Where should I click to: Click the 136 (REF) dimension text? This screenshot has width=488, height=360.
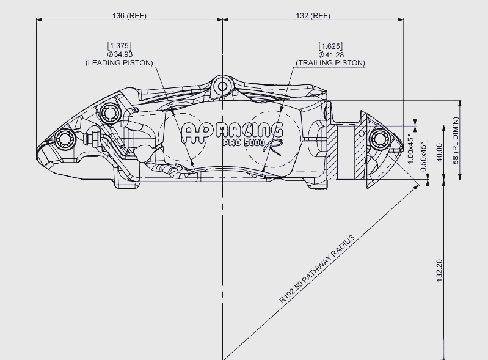[129, 15]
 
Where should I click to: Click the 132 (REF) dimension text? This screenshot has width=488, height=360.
[313, 15]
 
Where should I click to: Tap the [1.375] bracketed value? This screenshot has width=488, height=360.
[119, 46]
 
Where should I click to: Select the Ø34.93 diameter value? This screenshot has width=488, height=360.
[120, 54]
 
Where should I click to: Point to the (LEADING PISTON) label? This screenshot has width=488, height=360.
[119, 62]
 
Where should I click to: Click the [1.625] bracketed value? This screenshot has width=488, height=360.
[330, 46]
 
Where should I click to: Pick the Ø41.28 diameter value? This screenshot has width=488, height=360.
[332, 55]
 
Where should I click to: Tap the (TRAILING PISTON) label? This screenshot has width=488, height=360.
[330, 63]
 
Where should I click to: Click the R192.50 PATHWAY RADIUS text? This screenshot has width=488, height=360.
[316, 269]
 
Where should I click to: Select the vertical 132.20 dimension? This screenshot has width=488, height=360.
[439, 270]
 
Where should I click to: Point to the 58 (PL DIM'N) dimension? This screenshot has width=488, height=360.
[456, 141]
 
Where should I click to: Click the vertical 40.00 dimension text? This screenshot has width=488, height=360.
[439, 152]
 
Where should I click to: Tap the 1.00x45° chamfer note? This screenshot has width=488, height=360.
[411, 151]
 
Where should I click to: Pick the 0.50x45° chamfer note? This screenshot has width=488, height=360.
[424, 156]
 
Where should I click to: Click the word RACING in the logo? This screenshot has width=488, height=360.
[250, 130]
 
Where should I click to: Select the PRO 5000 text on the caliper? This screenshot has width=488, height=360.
[244, 142]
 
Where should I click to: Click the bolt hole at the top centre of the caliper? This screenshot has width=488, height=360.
[222, 86]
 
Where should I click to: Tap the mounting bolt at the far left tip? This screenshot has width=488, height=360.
[65, 139]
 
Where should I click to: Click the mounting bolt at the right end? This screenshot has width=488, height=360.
[380, 139]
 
